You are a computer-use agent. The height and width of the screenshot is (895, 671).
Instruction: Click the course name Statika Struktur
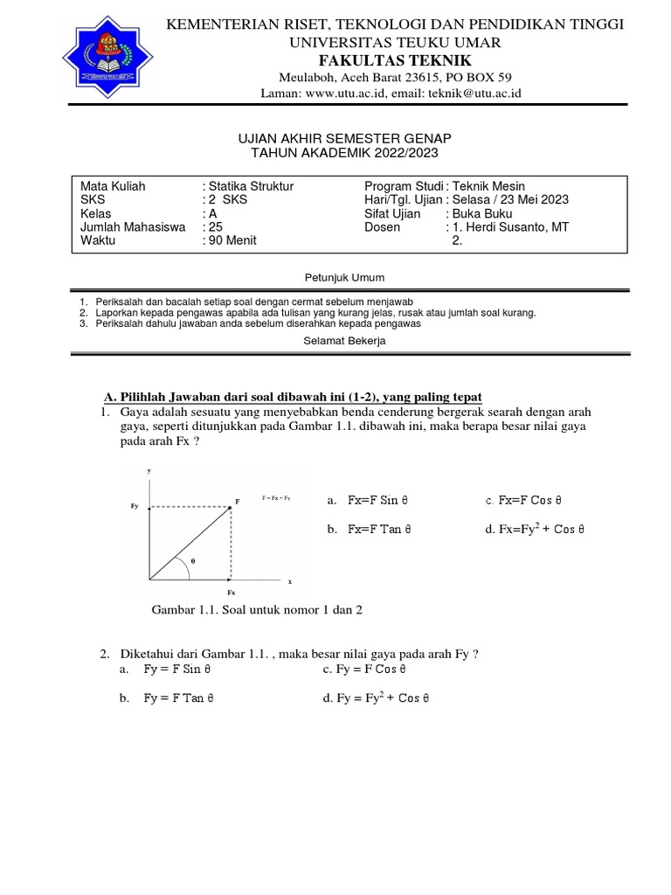coord(251,186)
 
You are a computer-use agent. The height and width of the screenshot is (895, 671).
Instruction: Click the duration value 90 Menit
coord(232,239)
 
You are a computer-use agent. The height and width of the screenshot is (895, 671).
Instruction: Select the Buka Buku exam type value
coord(481,213)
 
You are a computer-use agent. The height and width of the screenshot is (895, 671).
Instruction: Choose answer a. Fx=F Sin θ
coord(367,501)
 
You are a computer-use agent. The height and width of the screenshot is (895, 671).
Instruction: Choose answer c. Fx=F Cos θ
coord(523,501)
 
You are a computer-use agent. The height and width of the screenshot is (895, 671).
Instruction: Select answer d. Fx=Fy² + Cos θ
coord(535,529)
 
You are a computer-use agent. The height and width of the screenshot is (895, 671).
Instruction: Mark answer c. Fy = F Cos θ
coord(365,670)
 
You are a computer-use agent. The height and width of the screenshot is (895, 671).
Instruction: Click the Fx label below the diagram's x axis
coord(232,592)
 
